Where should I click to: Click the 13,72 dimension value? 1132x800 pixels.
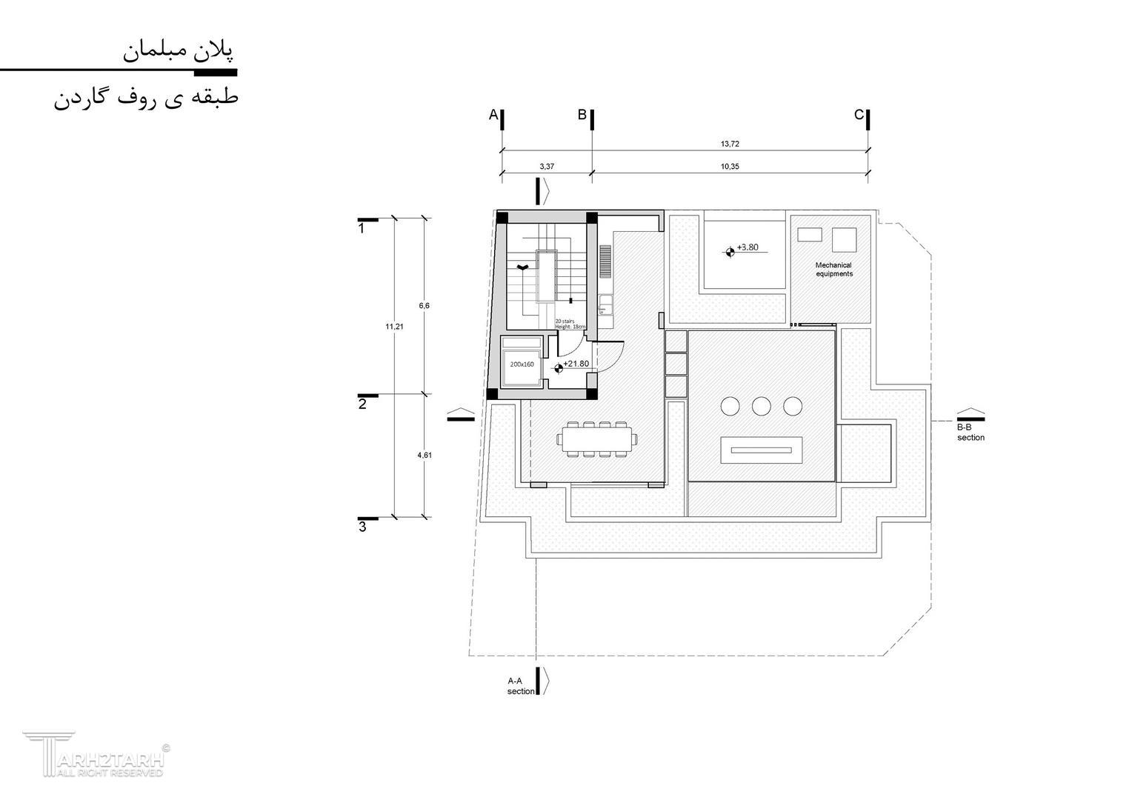coord(730,144)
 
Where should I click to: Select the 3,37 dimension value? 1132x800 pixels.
coord(546,167)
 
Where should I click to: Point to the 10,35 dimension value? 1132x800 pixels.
coord(730,167)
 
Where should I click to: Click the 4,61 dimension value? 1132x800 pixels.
coord(424,455)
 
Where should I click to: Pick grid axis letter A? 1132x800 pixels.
coord(493,115)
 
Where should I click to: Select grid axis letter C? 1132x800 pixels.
coord(859,115)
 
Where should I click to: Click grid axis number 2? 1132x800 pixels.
coord(362,404)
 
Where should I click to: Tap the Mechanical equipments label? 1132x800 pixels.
coord(833,269)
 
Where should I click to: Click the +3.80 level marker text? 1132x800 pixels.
coord(748,247)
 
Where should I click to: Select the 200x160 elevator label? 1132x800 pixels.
coord(522,364)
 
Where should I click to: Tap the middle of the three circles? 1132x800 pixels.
coord(761,406)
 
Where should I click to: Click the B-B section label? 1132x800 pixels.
coord(970,433)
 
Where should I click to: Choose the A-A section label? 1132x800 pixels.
coord(520,686)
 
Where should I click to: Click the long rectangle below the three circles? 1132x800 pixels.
coord(761,450)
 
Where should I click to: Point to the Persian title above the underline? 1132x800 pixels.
coord(178,52)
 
